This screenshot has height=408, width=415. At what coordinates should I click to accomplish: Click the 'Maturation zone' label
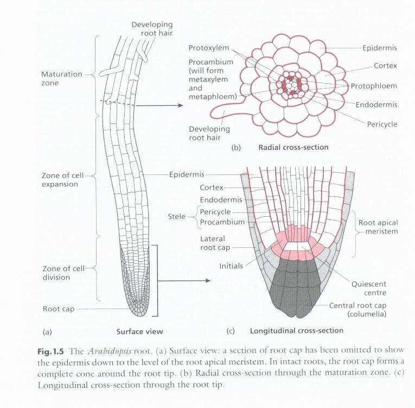tap(62, 78)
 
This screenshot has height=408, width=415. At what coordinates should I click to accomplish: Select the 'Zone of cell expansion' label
tap(62, 180)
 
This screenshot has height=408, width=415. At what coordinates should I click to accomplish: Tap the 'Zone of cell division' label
tap(63, 273)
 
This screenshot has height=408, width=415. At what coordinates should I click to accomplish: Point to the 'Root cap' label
tap(59, 309)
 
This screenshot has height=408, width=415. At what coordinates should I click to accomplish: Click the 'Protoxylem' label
tap(208, 48)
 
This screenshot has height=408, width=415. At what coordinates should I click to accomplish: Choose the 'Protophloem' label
tap(374, 86)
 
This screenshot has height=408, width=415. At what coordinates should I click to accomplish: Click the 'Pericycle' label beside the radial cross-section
tap(382, 124)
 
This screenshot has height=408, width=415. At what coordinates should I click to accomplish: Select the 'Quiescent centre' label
tap(369, 288)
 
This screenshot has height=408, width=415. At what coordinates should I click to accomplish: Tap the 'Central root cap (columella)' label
tap(357, 310)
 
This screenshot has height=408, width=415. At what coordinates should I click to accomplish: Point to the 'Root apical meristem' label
tap(378, 227)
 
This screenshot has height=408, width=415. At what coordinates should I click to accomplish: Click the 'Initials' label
tap(231, 266)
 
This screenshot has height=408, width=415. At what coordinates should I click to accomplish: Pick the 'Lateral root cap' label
tap(215, 243)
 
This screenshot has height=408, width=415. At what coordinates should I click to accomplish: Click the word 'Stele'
tap(176, 217)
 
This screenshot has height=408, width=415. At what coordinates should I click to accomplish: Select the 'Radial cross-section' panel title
tap(293, 147)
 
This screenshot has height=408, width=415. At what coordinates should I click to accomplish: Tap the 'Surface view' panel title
tap(140, 331)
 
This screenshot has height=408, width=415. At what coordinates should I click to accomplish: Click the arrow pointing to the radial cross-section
tap(159, 105)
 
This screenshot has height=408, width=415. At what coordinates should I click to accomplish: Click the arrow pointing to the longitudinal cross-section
tap(184, 280)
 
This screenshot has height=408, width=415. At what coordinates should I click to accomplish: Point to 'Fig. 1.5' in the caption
tap(50, 352)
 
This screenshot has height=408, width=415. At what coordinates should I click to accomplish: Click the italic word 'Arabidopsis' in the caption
tap(110, 351)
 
